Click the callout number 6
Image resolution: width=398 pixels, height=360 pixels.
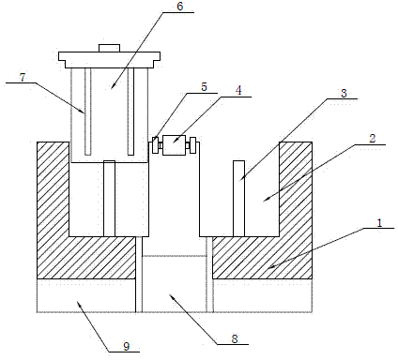[x=180, y=7]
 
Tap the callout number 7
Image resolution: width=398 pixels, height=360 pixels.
[x=23, y=77]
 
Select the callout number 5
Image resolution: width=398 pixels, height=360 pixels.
[x=204, y=87]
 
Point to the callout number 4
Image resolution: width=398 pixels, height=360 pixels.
[x=238, y=91]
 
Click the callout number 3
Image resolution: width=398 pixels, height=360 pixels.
[x=344, y=93]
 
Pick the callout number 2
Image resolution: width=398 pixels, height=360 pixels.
[x=373, y=139]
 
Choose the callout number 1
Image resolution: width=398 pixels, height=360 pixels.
[x=379, y=223]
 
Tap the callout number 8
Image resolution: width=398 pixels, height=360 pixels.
[x=235, y=338]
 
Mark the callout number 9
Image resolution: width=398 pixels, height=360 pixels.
[x=126, y=346]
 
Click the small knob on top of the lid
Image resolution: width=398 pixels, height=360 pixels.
[x=109, y=48]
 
